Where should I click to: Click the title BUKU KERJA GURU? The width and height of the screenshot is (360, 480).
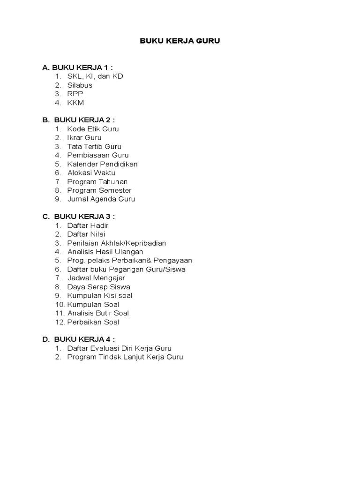(x=180, y=41)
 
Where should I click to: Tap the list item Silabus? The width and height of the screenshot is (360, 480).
(x=80, y=85)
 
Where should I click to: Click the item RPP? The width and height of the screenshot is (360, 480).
(x=75, y=94)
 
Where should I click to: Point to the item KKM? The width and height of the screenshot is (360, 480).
(x=75, y=103)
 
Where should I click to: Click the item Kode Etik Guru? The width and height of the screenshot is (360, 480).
(x=93, y=129)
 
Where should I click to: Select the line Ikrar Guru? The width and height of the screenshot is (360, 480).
(x=84, y=138)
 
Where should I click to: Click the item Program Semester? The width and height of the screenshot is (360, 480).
(x=99, y=190)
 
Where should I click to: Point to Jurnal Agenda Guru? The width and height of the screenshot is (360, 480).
(x=101, y=199)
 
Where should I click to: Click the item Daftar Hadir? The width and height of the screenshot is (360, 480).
(x=88, y=225)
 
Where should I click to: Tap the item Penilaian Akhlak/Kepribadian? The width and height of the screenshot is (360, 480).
(x=116, y=243)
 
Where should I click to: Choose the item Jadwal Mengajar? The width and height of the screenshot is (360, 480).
(x=96, y=278)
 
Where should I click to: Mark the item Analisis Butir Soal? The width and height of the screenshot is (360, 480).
(x=98, y=313)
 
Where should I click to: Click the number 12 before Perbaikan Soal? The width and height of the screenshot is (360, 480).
(x=59, y=322)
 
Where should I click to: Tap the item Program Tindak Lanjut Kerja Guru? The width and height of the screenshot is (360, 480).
(x=125, y=357)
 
